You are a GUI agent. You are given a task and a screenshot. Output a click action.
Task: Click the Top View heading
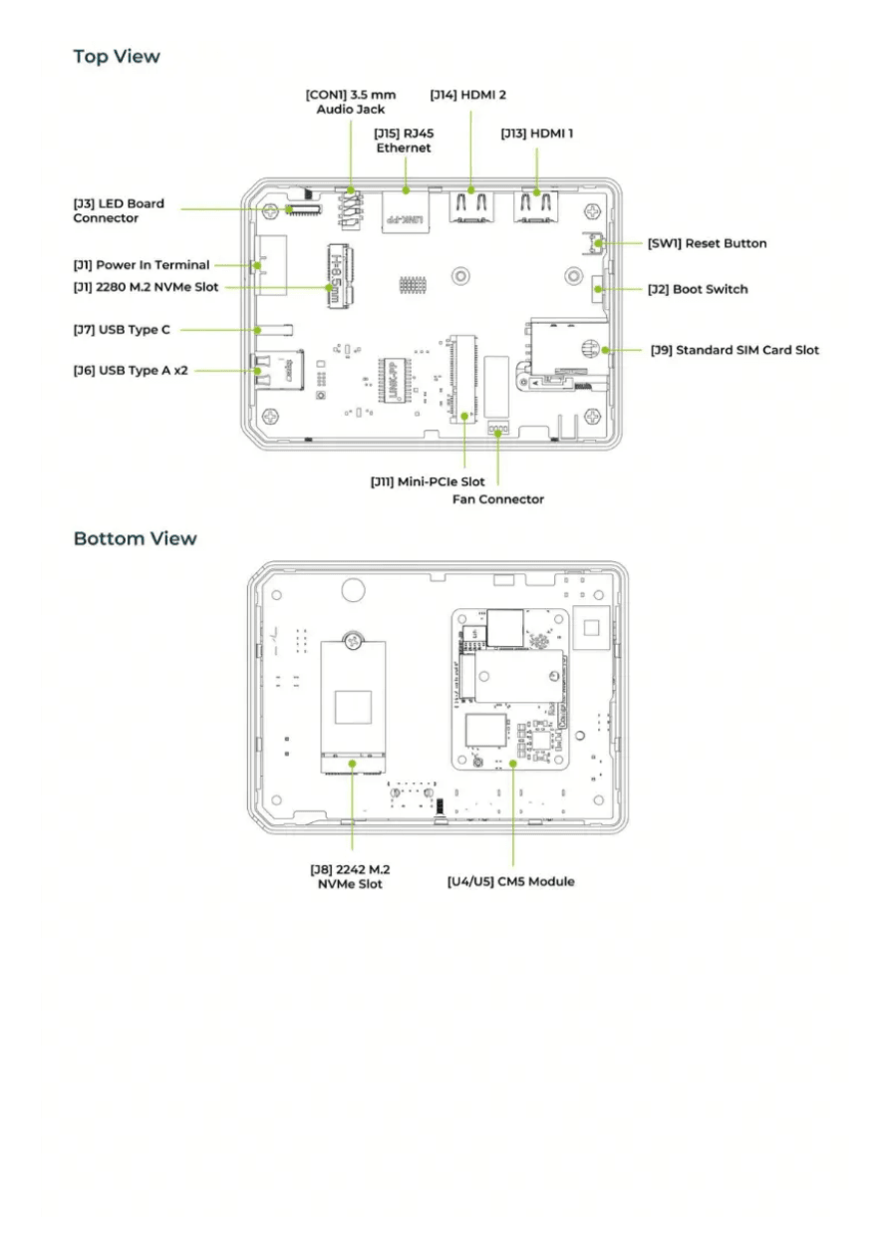click(117, 56)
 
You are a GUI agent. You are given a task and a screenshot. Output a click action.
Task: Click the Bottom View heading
click(135, 538)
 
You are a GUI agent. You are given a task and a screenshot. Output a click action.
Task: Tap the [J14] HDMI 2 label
click(468, 95)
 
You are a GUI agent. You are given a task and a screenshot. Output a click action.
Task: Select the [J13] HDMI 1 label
click(536, 134)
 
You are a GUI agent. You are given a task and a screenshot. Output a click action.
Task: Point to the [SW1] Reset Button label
click(707, 243)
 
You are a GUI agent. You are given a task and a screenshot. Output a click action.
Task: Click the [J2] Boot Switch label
click(698, 289)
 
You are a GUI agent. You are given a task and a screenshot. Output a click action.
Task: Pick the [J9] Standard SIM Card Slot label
click(735, 350)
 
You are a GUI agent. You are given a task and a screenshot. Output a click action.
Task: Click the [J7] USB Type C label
click(122, 330)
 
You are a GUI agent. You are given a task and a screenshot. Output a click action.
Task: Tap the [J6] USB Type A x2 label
click(131, 371)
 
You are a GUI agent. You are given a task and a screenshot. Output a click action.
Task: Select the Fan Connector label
click(497, 499)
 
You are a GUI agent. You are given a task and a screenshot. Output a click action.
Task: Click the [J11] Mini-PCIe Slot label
click(427, 481)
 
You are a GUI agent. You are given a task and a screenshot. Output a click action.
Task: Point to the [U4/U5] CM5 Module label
click(510, 881)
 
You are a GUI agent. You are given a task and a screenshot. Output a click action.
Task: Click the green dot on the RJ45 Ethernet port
click(406, 190)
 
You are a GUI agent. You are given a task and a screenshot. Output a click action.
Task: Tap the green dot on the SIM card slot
click(605, 350)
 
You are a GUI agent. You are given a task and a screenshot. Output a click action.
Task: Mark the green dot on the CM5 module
click(513, 764)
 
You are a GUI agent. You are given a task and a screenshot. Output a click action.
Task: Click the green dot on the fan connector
click(497, 433)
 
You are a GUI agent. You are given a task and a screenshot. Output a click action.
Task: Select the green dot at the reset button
click(599, 243)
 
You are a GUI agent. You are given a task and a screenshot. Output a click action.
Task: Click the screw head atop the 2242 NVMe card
click(353, 640)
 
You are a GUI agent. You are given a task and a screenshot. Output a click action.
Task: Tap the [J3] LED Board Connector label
click(119, 210)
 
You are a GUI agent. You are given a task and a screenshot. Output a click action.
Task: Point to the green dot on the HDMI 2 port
click(470, 190)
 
